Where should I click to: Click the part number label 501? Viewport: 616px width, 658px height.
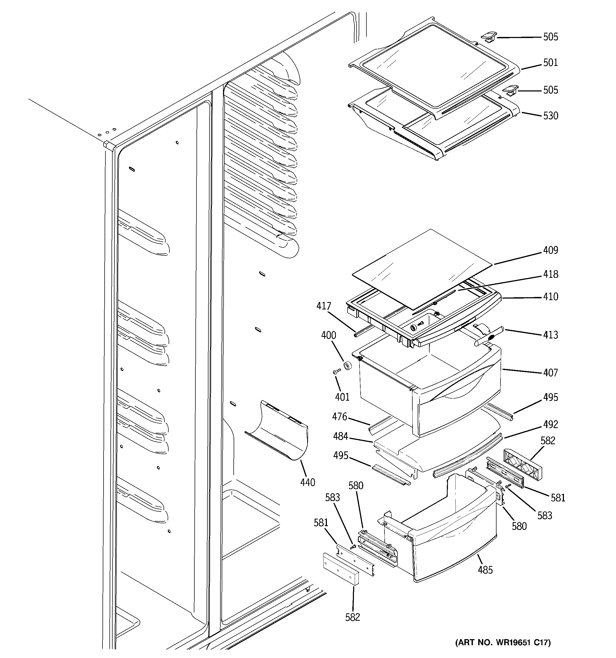coord(550,62)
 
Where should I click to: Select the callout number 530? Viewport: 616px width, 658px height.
coord(550,116)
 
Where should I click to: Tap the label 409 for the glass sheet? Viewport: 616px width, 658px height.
coord(550,250)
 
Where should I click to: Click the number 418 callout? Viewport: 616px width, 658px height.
coord(550,274)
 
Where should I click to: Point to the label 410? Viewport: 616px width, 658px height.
coord(550,296)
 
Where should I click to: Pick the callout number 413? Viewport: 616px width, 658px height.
coord(550,335)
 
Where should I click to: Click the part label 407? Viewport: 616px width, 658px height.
coord(550,373)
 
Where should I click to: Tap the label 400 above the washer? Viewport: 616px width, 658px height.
coord(329,335)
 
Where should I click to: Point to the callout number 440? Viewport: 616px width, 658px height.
coord(307,483)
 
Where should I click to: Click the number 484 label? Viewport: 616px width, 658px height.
coord(341,437)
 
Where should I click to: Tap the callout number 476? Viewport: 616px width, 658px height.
coord(340,416)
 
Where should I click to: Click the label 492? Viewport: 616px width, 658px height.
coord(550,424)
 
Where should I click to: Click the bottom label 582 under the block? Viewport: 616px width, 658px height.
coord(352,617)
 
